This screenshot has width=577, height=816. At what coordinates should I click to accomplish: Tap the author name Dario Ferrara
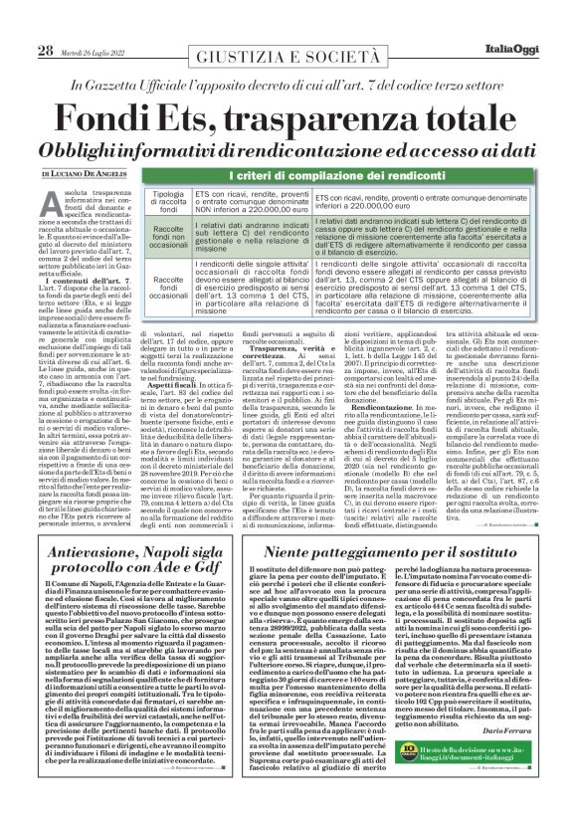coord(507,730)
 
